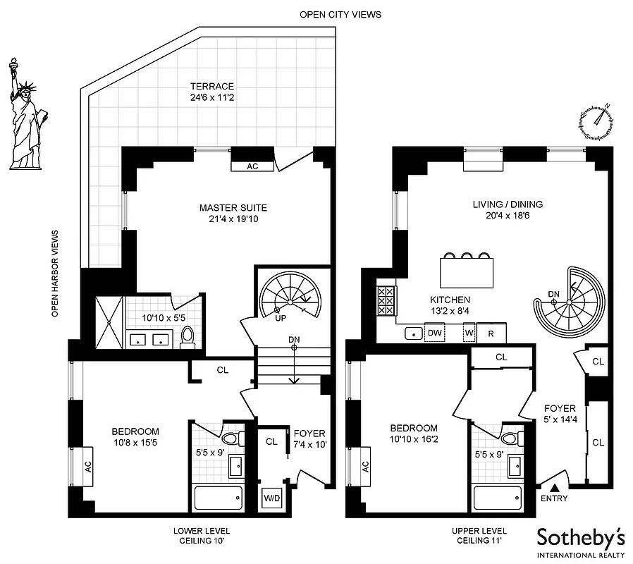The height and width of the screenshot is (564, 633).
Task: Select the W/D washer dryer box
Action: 271,498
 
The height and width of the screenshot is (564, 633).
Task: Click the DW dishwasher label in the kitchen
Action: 435,333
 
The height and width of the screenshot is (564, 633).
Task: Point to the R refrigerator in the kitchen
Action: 491,333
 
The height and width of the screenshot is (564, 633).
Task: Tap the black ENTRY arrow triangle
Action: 555,487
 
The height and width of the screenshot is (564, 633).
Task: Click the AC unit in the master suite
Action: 252,167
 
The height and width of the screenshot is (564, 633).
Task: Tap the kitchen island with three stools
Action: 466,270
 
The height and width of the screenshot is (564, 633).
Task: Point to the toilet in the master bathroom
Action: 188,338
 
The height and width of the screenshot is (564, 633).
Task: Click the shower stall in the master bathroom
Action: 110,321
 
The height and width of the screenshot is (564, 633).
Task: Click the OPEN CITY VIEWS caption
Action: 340,14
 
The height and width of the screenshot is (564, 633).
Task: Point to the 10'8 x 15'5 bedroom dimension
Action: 135,444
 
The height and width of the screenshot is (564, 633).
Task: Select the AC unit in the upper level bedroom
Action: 364,466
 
